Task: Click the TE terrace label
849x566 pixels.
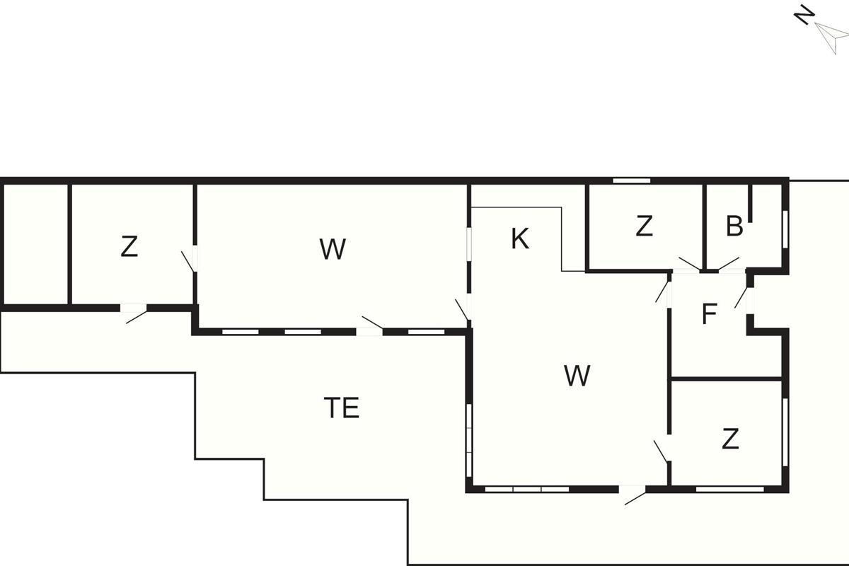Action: pyautogui.click(x=342, y=408)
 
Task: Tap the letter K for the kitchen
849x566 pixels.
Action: pyautogui.click(x=520, y=240)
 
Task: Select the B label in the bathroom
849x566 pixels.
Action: pyautogui.click(x=734, y=226)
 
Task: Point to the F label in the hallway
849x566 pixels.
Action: pyautogui.click(x=709, y=315)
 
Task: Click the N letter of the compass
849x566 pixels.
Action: pyautogui.click(x=803, y=15)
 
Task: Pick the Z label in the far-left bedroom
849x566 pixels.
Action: pyautogui.click(x=129, y=247)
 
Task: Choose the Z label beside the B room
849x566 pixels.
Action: pyautogui.click(x=643, y=226)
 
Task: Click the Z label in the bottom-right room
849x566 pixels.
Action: pyautogui.click(x=730, y=439)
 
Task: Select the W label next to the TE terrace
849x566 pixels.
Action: pyautogui.click(x=577, y=376)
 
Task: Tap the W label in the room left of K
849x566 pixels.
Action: pyautogui.click(x=333, y=249)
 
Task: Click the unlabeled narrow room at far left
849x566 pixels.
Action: pyautogui.click(x=35, y=244)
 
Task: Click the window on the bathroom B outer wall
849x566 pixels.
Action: pyautogui.click(x=785, y=228)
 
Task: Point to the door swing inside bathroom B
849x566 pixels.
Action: pyautogui.click(x=728, y=264)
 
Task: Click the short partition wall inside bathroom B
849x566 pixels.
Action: pyautogui.click(x=751, y=205)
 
